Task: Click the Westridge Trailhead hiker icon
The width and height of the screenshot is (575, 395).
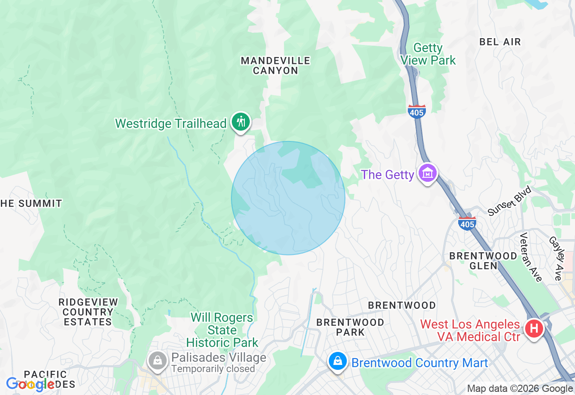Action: (x=241, y=122)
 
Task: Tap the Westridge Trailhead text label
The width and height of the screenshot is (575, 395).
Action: (x=171, y=123)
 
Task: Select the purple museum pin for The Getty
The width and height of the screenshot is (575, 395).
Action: (x=427, y=173)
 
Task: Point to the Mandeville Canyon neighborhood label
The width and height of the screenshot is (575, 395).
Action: (x=275, y=66)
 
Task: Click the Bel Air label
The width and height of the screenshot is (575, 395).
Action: (x=500, y=42)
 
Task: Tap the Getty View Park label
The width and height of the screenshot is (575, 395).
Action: (x=428, y=54)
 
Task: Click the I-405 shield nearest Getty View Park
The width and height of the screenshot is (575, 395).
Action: (x=416, y=111)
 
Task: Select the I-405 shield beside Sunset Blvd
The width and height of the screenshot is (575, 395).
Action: (x=467, y=223)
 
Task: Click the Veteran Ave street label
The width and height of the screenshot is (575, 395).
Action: (x=530, y=257)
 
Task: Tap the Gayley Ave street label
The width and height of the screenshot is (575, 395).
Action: (x=555, y=259)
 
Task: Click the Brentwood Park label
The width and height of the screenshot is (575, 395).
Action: (x=350, y=327)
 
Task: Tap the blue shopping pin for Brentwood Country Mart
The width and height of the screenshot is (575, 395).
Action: (x=337, y=361)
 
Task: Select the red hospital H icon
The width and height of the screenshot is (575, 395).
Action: (x=534, y=329)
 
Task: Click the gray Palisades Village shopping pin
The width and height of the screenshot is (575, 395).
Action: (x=158, y=360)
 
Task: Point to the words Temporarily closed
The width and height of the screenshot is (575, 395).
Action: (x=213, y=369)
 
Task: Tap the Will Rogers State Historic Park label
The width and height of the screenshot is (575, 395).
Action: (x=222, y=330)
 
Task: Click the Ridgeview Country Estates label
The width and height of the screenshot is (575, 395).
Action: (x=88, y=312)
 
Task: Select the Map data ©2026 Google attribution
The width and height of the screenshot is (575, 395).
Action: (x=520, y=389)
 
